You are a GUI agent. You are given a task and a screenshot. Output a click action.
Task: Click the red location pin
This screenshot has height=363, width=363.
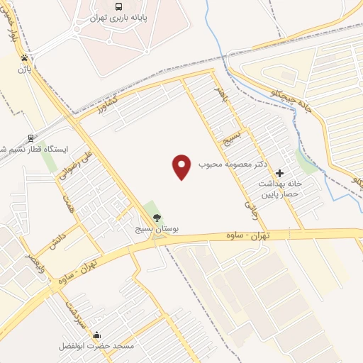[x=182, y=167]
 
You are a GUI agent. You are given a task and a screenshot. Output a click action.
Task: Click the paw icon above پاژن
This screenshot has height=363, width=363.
[x=26, y=57]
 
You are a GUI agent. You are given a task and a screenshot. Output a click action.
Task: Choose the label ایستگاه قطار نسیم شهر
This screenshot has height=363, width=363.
[x=31, y=150]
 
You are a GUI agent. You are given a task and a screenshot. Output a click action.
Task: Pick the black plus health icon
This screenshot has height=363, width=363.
[x=279, y=172]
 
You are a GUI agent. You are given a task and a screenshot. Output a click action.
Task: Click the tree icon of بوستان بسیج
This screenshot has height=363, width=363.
[x=157, y=218]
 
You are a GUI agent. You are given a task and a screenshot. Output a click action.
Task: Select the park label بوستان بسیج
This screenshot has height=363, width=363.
[x=157, y=230]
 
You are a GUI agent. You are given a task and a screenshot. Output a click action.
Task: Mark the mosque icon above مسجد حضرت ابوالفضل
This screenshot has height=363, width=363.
[x=96, y=335]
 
